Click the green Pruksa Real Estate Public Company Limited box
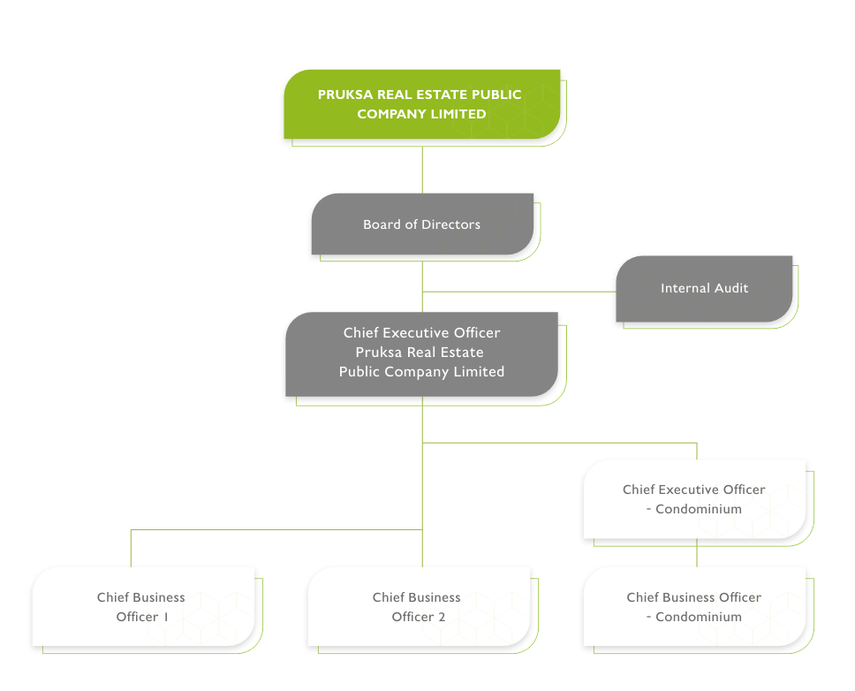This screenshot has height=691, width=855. [x=422, y=104]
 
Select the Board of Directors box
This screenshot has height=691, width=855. [x=422, y=224]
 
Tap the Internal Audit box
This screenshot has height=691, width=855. [x=704, y=288]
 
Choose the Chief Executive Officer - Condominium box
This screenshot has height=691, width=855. [x=693, y=499]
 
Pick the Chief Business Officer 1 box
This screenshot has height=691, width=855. [x=142, y=607]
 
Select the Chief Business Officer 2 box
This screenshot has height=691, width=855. [x=418, y=607]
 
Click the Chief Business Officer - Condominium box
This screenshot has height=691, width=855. [x=693, y=607]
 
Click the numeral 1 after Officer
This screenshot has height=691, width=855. [x=165, y=617]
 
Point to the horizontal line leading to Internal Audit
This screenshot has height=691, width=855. [x=521, y=290]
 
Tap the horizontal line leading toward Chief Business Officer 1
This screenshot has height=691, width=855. [x=274, y=530]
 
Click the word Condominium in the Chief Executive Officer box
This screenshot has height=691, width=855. [x=699, y=509]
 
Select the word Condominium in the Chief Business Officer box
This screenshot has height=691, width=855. [x=699, y=617]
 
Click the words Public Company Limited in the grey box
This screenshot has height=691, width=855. [x=421, y=372]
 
